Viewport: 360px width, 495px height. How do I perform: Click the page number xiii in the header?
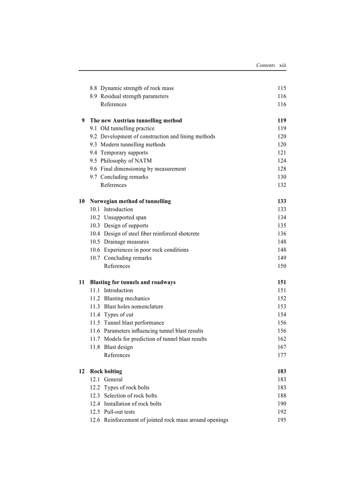(x=283, y=65)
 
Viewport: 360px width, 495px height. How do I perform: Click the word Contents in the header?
(x=266, y=65)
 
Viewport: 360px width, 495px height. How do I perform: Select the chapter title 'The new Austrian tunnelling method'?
(x=136, y=120)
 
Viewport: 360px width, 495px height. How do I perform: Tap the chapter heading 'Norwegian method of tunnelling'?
(x=130, y=201)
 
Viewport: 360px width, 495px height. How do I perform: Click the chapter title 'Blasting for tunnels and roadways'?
(x=133, y=283)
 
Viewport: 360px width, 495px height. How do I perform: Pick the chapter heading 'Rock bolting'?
(x=106, y=372)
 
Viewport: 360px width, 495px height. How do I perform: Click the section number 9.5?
(x=94, y=161)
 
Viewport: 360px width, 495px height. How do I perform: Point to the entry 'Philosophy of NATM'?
(x=126, y=161)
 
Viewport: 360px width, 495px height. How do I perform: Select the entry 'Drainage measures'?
(x=126, y=242)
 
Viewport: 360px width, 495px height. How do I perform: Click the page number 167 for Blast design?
(x=282, y=347)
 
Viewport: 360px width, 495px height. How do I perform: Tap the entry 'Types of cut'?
(x=119, y=315)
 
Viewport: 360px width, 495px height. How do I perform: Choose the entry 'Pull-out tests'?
(x=120, y=412)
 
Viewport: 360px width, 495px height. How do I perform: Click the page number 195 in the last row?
(x=282, y=420)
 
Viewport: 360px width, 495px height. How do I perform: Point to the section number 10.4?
(x=95, y=234)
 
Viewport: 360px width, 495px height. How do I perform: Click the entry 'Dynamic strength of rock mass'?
(x=137, y=88)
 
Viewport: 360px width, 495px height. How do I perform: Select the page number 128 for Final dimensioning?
(x=282, y=169)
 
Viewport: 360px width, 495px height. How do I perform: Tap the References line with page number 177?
(x=117, y=355)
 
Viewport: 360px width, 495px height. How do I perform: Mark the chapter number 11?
(x=82, y=283)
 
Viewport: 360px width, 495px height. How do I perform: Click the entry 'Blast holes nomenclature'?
(x=133, y=307)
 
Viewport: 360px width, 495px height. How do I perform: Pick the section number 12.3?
(x=95, y=396)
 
